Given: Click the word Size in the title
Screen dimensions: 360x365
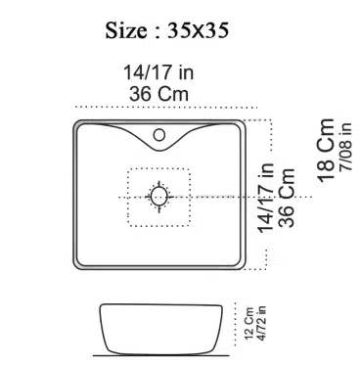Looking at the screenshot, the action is (126, 30).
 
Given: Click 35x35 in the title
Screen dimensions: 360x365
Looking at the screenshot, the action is (198, 30).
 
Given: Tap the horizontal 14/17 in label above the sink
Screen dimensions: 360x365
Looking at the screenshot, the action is (158, 72).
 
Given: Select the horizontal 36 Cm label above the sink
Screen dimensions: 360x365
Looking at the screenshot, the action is (158, 94).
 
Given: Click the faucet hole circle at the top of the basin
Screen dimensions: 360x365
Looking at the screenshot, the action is (159, 135).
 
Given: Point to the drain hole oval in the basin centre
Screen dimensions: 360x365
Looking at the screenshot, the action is (159, 197).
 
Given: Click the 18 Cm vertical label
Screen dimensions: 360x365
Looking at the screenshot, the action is (326, 151).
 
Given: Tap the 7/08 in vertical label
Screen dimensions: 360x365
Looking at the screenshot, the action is (345, 147).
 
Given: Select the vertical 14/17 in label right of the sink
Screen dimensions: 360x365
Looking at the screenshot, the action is (266, 198).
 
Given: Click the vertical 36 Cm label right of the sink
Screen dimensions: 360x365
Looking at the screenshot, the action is (287, 198).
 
